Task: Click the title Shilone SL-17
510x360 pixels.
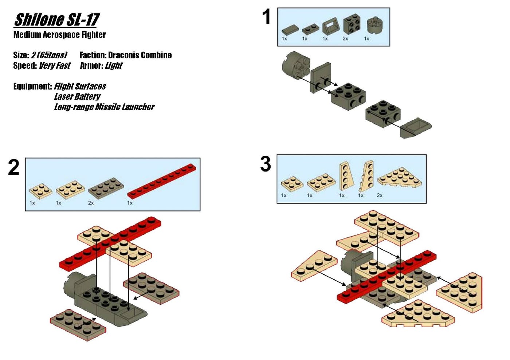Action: coord(56,20)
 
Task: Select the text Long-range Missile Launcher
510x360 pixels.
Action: coord(104,107)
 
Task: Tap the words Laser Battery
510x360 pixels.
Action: coord(77,96)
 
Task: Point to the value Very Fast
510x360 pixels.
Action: coord(55,66)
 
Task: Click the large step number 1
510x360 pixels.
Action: coord(267,17)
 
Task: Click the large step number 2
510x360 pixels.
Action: coord(13,168)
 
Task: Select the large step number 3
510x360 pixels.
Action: coord(266,164)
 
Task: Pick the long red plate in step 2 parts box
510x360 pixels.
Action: coord(162,181)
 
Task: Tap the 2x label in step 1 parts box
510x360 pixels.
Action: coord(345,39)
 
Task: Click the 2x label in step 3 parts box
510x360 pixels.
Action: coord(380,195)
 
